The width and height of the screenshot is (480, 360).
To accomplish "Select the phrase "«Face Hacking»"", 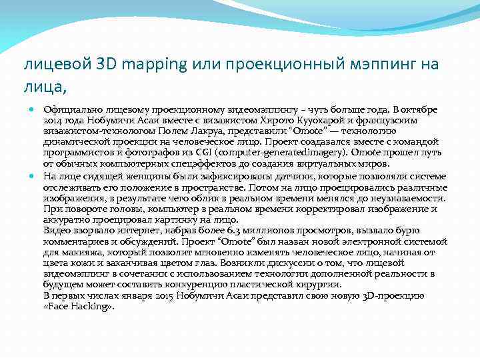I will (x=79, y=306).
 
